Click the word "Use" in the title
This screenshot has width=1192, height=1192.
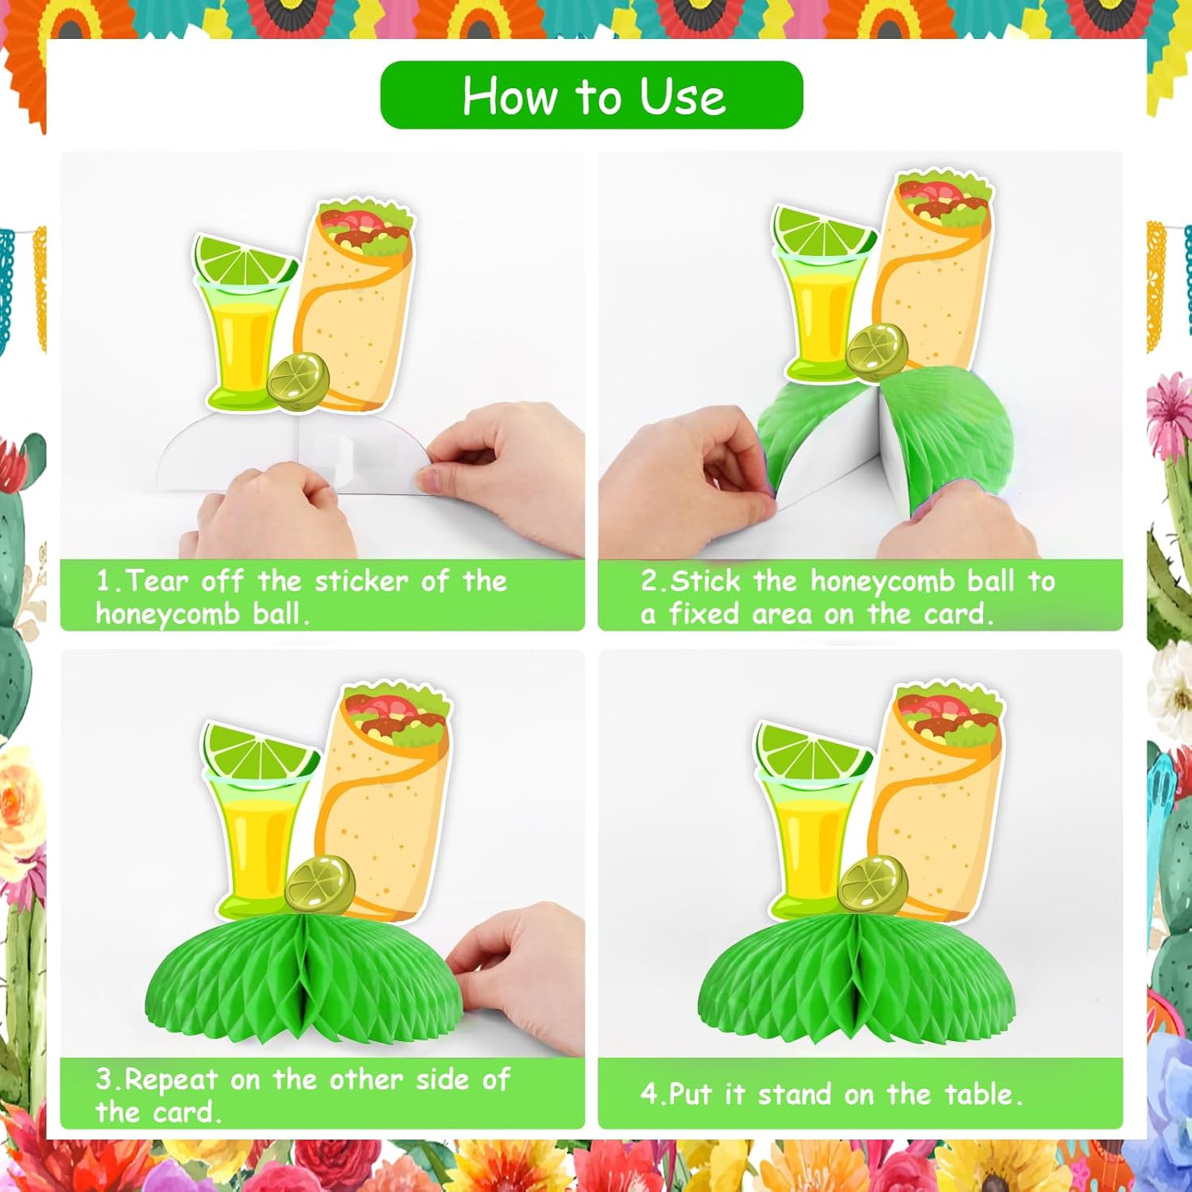click(683, 96)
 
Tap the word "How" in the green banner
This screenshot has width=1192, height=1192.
click(509, 96)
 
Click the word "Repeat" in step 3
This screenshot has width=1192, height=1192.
click(171, 1081)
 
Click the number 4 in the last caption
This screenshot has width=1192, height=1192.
click(649, 1094)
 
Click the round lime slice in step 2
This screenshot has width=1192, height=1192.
click(877, 350)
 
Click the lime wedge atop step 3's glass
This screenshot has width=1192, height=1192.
click(260, 753)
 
